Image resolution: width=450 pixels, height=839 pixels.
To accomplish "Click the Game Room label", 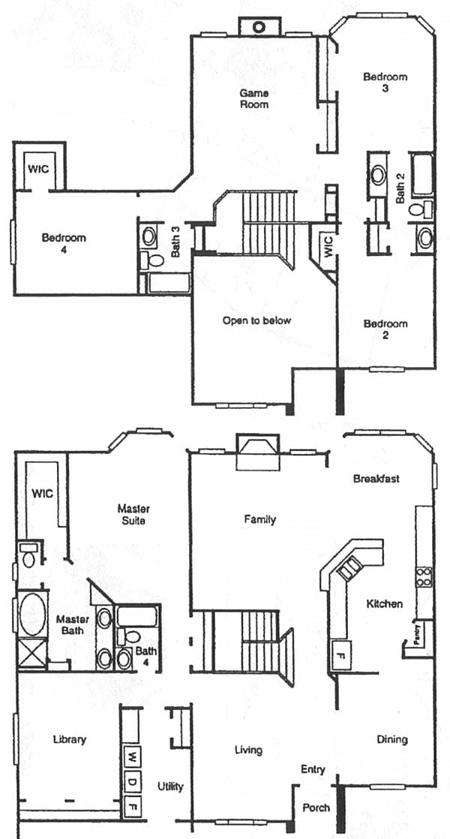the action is (253, 98).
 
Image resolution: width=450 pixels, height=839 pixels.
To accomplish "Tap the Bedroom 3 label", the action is (385, 82).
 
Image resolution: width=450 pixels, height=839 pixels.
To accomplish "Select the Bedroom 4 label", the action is (64, 243).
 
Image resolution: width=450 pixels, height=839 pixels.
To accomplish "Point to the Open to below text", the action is (257, 321).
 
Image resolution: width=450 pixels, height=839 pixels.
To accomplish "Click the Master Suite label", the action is (133, 513).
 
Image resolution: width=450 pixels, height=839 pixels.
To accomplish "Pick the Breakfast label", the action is (376, 479).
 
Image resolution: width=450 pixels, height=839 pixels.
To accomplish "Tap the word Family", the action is (259, 519).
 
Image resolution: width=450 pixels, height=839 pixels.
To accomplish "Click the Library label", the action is (70, 739).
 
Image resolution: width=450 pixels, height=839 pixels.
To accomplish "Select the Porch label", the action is (316, 807).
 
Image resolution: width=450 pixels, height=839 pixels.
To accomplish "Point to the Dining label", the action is (392, 739).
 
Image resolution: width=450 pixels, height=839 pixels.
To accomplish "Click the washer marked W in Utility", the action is (132, 756).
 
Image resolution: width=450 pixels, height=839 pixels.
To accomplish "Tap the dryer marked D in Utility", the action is (132, 783).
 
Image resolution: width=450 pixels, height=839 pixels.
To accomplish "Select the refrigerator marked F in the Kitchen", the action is (341, 654).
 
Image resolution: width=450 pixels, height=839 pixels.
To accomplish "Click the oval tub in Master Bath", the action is (32, 615).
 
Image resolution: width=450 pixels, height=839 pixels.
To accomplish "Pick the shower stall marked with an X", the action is (32, 653).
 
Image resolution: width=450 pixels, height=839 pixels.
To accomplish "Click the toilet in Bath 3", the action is (154, 260).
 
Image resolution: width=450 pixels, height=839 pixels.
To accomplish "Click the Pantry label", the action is (418, 635).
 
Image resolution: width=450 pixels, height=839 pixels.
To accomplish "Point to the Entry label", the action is (313, 770).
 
